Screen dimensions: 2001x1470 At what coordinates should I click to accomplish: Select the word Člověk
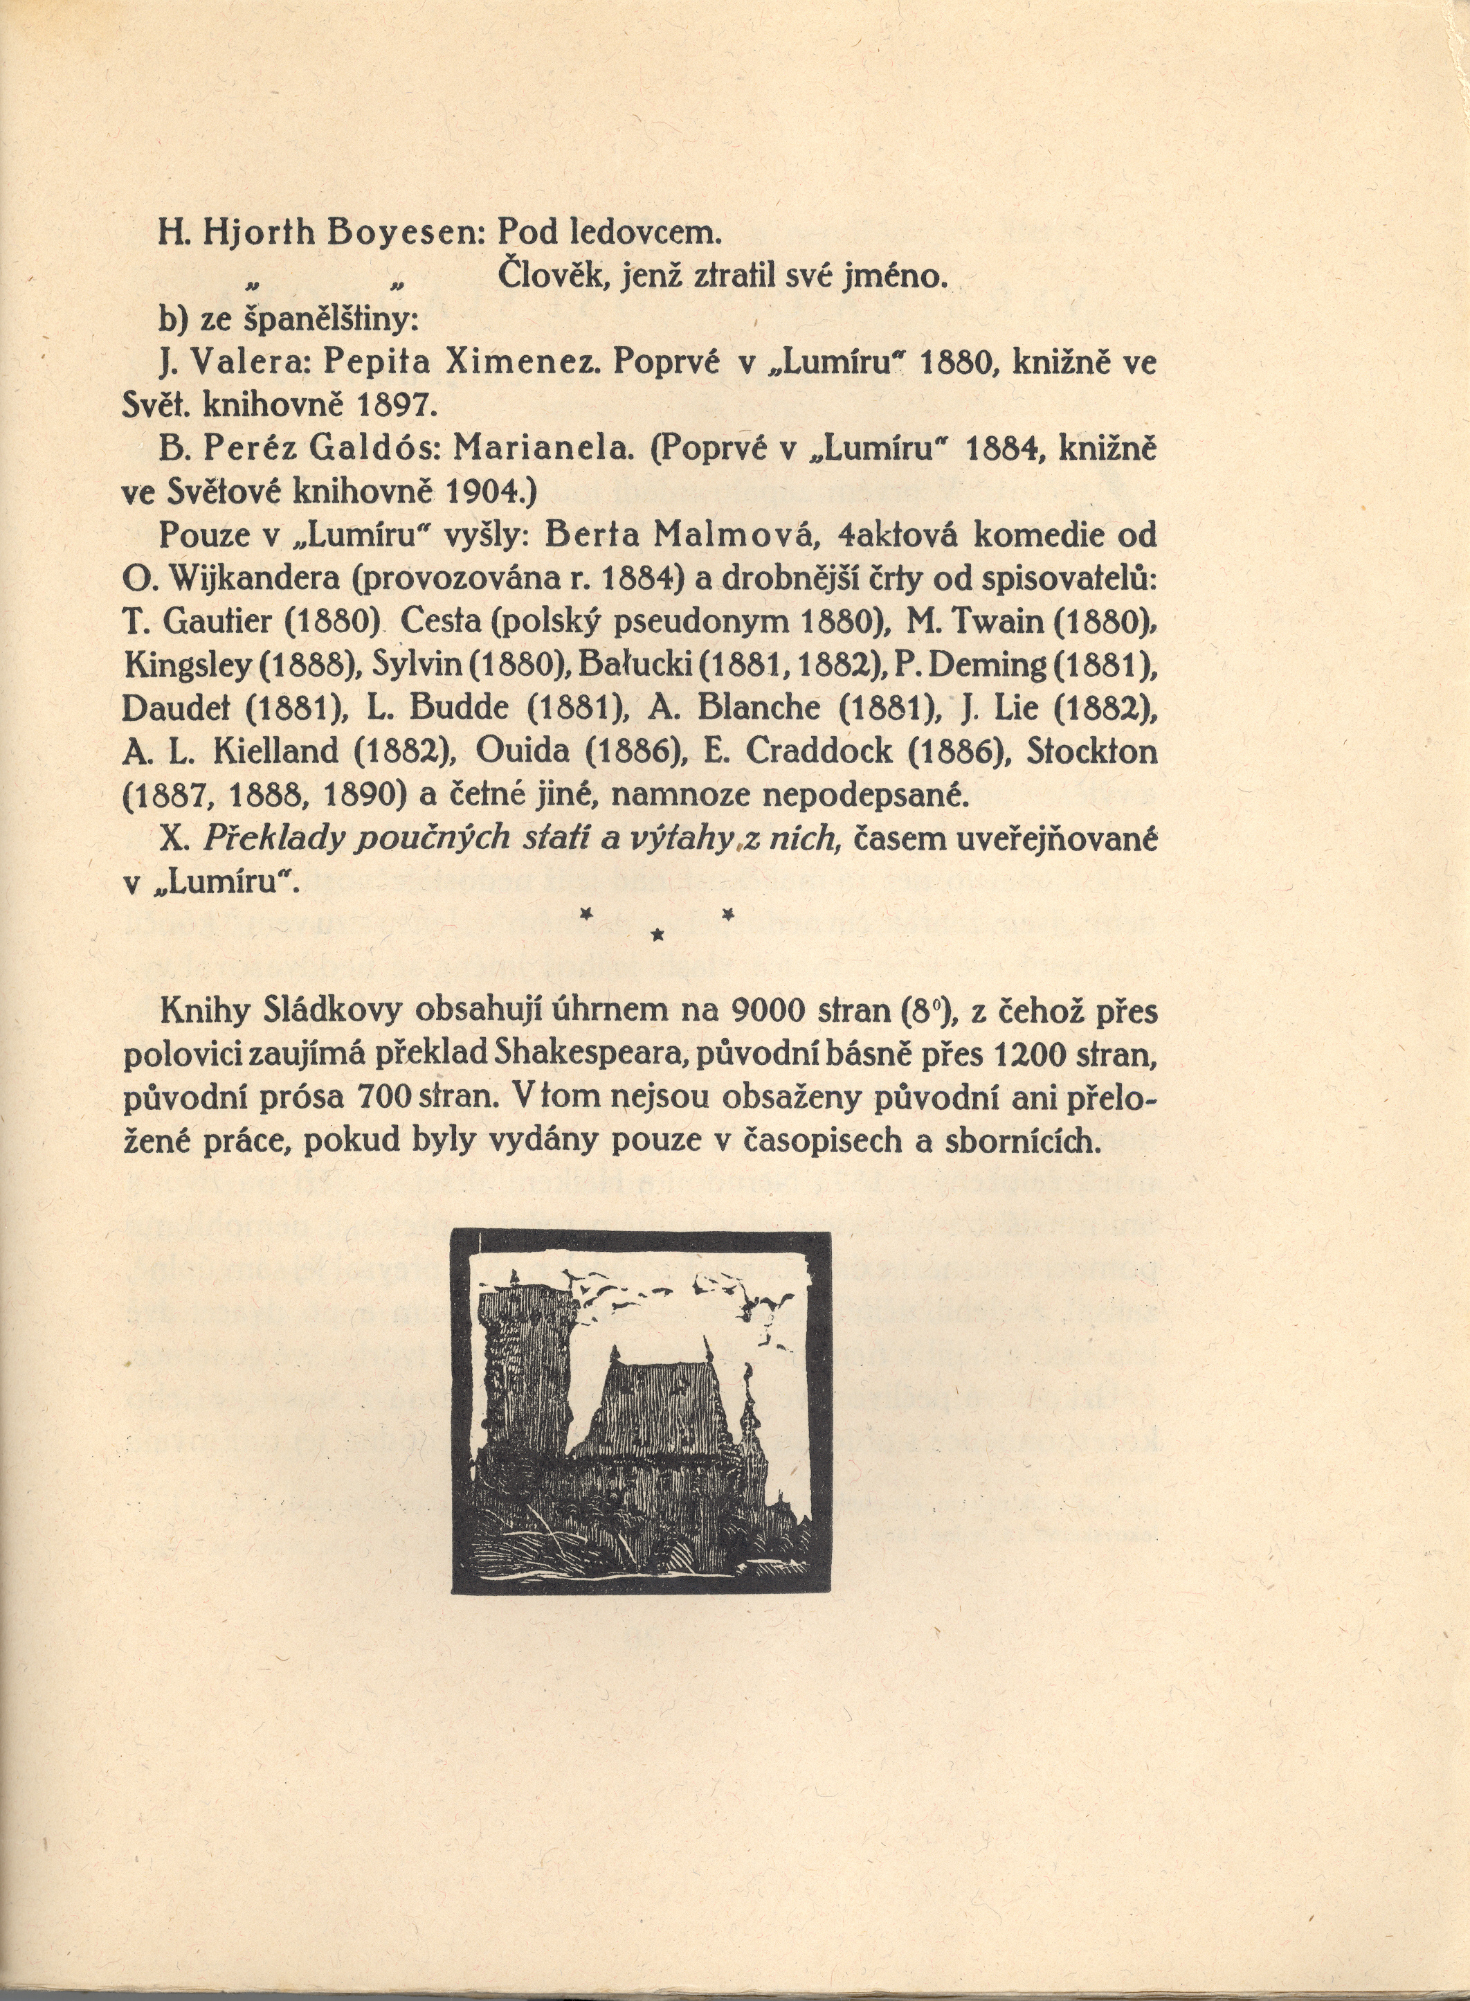[544, 276]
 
